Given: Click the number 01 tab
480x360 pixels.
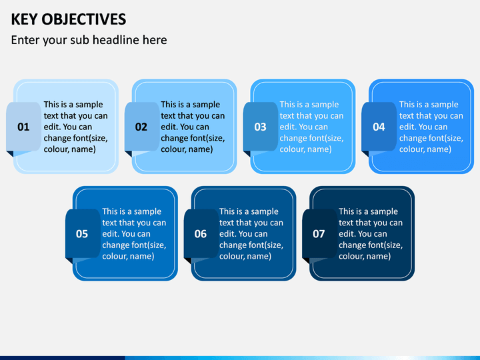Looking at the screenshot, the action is coord(23,127).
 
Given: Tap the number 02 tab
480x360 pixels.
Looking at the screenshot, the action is coord(142,127).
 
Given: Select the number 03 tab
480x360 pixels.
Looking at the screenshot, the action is coord(261,127).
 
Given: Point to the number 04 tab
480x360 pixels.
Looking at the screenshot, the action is coord(379,127).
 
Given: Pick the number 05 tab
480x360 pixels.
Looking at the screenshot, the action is coord(83,233).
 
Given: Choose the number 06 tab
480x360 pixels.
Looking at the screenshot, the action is coord(201,233).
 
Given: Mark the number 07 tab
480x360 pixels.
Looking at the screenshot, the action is coord(319,233).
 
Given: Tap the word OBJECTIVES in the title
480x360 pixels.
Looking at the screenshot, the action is coord(84,19).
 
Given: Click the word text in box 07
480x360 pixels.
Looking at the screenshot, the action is coord(345,223).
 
